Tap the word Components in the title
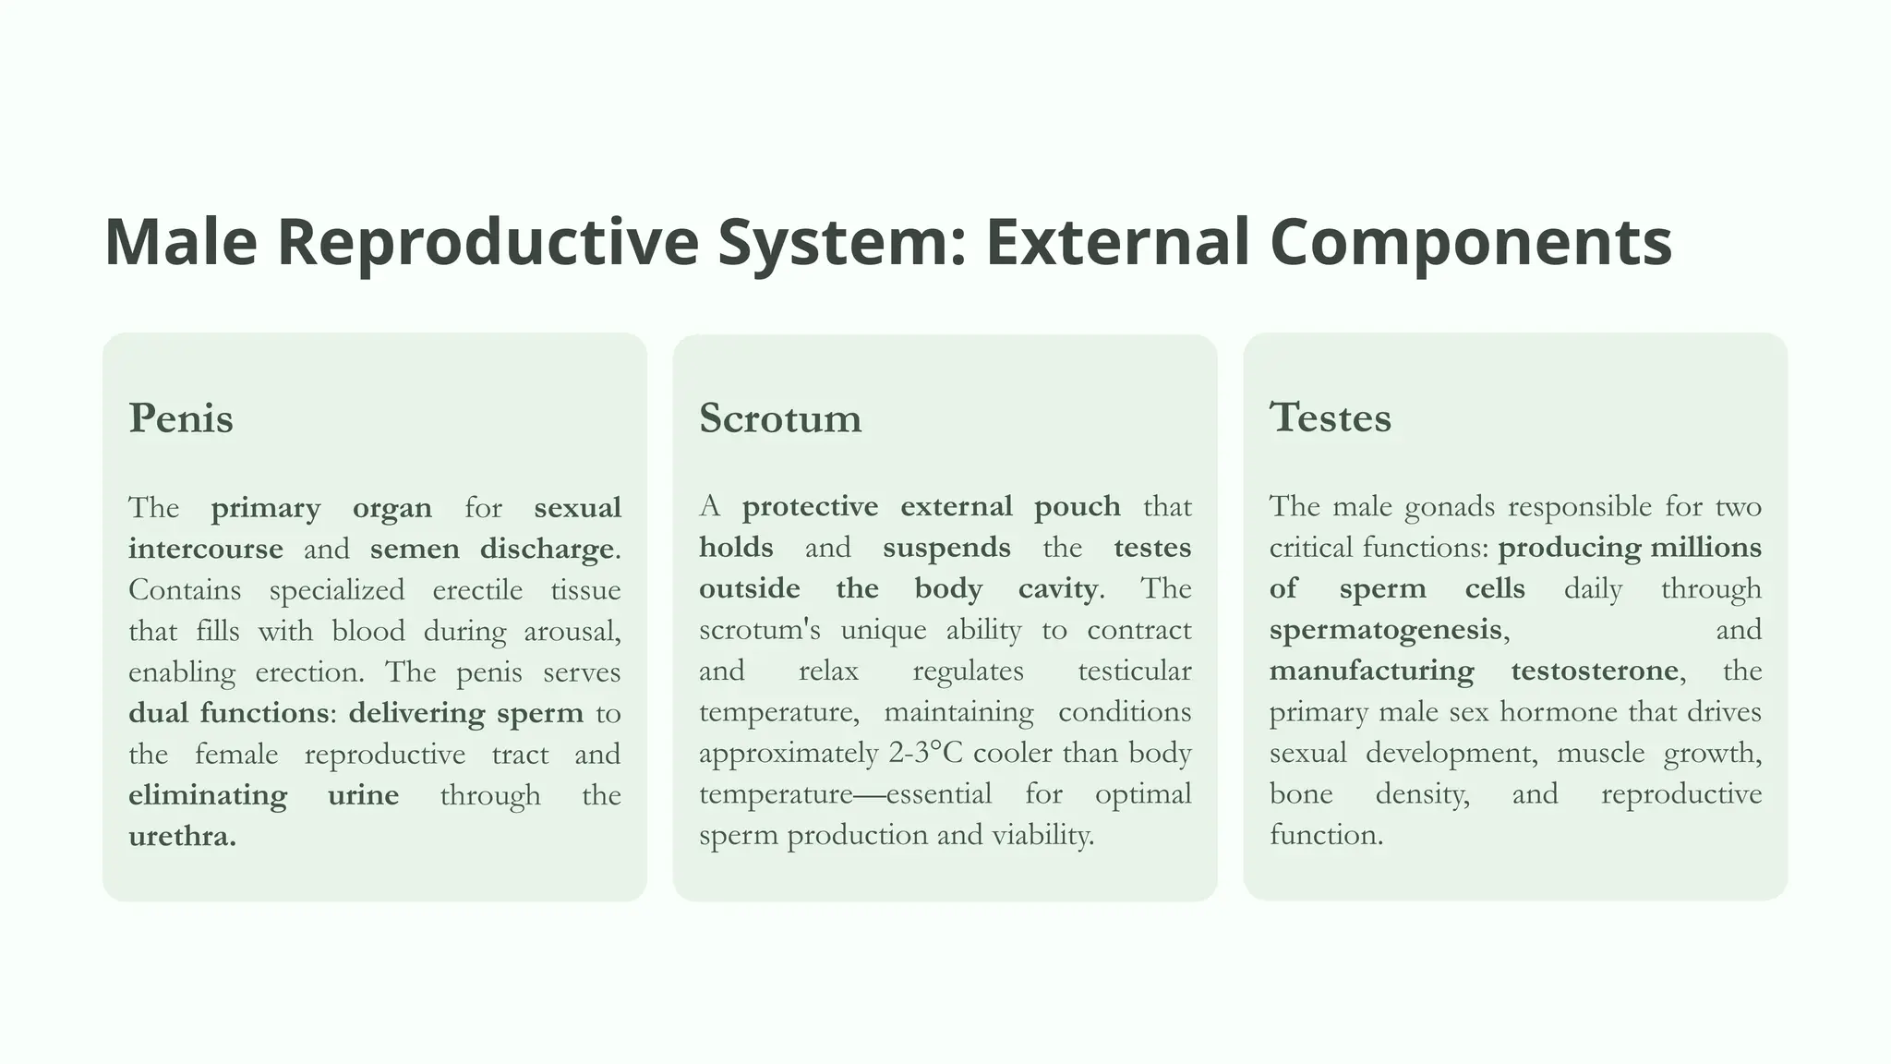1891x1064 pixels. [1470, 242]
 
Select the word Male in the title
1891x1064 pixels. [181, 242]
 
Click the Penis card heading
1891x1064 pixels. [181, 418]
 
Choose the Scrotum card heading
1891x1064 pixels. [780, 418]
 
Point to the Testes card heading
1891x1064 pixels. [1330, 417]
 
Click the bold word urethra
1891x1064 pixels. [182, 837]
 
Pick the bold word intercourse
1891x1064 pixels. [206, 550]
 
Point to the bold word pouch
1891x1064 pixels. [1077, 507]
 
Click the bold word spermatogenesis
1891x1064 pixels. [1386, 631]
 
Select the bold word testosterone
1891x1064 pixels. [1595, 671]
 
